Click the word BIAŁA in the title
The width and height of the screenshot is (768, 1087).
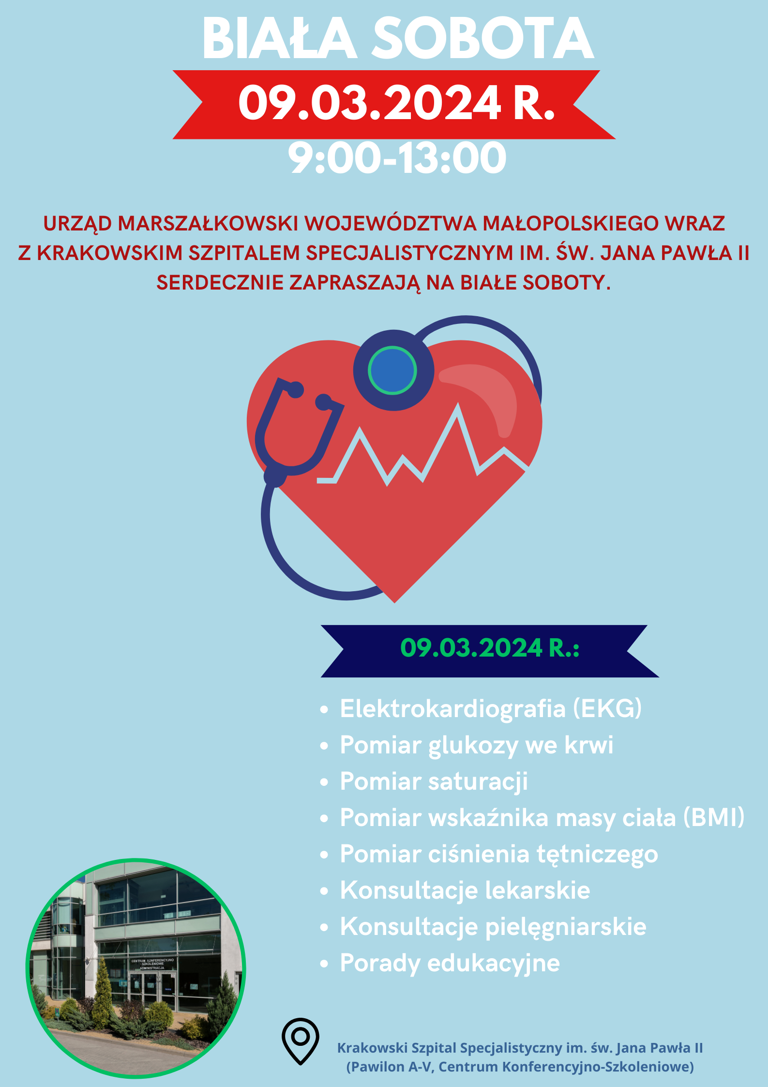pos(280,38)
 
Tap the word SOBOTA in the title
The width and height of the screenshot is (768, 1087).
pos(482,38)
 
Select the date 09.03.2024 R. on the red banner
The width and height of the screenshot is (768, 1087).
pos(396,103)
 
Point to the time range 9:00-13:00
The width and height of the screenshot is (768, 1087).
pos(397,158)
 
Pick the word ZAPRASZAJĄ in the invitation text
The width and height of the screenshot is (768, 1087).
pos(355,283)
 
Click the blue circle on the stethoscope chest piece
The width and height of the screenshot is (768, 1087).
pos(392,370)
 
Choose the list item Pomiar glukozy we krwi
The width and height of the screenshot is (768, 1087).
pos(477,746)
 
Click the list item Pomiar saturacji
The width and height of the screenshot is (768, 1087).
pos(434,782)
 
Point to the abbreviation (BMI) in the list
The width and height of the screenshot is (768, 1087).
pos(714,818)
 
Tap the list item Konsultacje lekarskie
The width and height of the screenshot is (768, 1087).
pos(465,891)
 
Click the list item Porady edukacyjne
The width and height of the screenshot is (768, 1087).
pos(450,964)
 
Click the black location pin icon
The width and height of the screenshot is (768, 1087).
pos(301,1041)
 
